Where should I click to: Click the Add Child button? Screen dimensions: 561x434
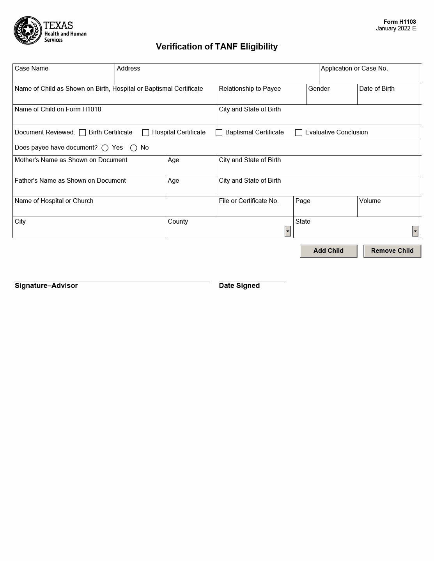(x=328, y=251)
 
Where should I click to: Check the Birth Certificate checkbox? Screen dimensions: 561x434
(x=82, y=133)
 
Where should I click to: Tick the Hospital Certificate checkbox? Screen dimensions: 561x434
(x=146, y=133)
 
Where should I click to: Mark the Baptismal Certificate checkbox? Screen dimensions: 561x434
(x=219, y=133)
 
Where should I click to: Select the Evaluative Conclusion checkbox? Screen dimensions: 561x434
(x=299, y=133)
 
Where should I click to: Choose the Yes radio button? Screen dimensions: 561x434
(x=105, y=148)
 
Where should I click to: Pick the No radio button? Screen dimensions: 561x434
(x=134, y=148)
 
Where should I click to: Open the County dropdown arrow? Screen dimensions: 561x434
(x=288, y=231)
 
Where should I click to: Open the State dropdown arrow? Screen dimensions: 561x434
(x=415, y=231)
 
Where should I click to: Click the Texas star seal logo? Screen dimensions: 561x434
(x=28, y=30)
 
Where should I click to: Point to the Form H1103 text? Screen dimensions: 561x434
(x=399, y=22)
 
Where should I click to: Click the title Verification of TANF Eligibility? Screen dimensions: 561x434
(x=217, y=47)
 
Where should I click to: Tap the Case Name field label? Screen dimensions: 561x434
(x=32, y=69)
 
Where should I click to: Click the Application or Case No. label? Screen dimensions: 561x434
(x=354, y=69)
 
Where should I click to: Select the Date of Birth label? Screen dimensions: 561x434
(x=377, y=89)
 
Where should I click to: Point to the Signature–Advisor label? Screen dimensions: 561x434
(x=46, y=286)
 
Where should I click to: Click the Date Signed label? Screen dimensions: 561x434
(x=239, y=286)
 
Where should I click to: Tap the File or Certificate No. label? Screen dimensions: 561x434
(x=248, y=201)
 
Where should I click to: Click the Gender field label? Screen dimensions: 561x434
(x=319, y=89)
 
